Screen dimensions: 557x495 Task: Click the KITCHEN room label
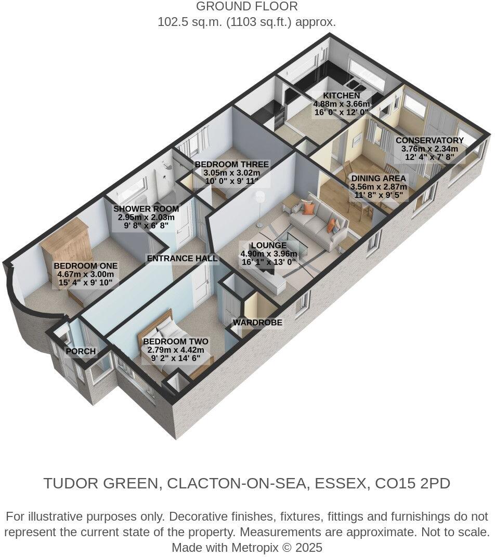click(341, 96)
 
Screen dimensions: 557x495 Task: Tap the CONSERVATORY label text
click(429, 140)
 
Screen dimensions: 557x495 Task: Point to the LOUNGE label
click(268, 245)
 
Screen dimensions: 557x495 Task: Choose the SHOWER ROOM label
click(146, 209)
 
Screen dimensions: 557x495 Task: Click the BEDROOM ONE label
click(86, 266)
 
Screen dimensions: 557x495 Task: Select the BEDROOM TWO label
click(176, 341)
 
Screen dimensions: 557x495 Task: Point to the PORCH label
click(81, 351)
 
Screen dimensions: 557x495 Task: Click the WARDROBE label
click(257, 323)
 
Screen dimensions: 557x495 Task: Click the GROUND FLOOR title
click(247, 7)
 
